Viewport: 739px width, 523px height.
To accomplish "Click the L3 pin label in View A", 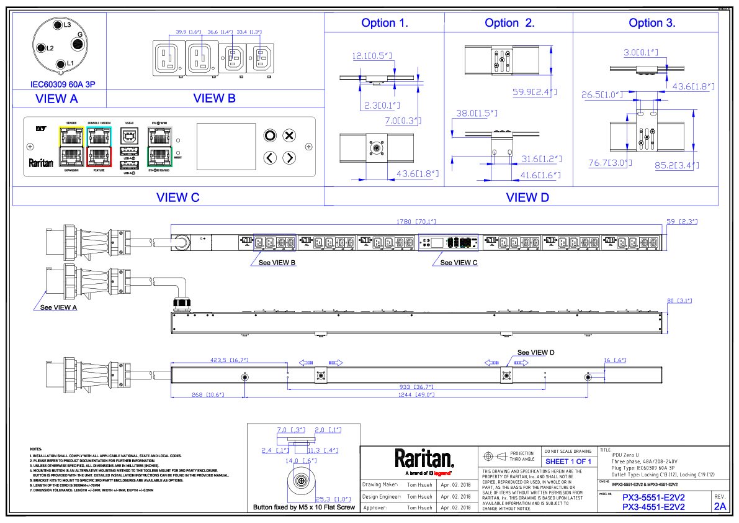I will click(x=66, y=25).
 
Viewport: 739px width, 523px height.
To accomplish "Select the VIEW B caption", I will click(x=214, y=98).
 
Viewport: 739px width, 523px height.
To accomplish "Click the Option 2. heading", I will click(x=509, y=23).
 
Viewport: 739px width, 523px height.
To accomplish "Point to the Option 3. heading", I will click(x=652, y=23).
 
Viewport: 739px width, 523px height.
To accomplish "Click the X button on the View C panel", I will click(x=289, y=135).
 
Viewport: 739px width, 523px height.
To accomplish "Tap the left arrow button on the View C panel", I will click(x=270, y=158).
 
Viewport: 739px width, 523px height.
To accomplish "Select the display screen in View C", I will click(x=226, y=146).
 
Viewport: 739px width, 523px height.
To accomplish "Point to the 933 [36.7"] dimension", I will click(x=415, y=387).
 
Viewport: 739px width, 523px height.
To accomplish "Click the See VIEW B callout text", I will click(x=277, y=263).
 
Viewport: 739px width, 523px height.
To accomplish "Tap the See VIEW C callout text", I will click(x=459, y=263).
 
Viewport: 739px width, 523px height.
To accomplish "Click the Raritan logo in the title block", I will click(x=424, y=459).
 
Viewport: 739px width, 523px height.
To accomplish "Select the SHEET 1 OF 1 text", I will click(x=568, y=462).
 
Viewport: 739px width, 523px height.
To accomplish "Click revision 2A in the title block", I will click(x=720, y=506).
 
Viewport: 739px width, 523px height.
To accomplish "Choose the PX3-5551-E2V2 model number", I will click(x=653, y=498).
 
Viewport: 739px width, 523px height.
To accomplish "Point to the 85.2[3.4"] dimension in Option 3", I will click(x=678, y=165).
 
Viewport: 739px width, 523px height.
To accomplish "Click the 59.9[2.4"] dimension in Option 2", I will click(x=534, y=93).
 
